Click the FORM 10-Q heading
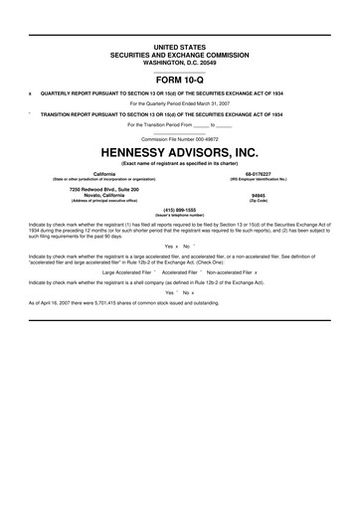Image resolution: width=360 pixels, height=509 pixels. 180,82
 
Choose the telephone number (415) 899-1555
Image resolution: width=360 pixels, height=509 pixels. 180,210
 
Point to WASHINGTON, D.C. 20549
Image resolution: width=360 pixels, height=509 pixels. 180,60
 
